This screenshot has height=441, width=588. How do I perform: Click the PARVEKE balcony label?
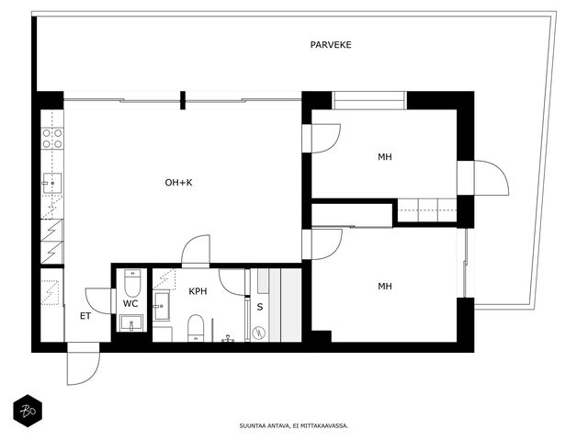click(x=331, y=45)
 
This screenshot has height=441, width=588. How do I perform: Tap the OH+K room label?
click(x=178, y=183)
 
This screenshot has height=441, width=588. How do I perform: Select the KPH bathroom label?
click(x=198, y=291)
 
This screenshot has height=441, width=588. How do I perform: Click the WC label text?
click(x=130, y=303)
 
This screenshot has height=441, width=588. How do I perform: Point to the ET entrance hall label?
click(x=85, y=316)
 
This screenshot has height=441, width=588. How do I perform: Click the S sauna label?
click(x=259, y=307)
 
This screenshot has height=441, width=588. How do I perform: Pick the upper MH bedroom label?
click(x=385, y=157)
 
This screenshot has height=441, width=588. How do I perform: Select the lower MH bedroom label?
click(x=385, y=287)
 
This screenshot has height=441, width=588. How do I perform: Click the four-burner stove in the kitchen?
click(x=52, y=139)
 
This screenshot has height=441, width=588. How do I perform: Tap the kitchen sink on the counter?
click(x=52, y=183)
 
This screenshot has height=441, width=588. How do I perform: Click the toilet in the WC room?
click(x=132, y=283)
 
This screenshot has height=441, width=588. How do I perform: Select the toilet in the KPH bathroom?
click(x=196, y=328)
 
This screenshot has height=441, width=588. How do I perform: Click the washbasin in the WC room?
click(x=131, y=322)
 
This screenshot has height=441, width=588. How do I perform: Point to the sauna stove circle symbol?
click(x=259, y=333)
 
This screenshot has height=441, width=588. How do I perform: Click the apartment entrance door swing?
click(x=84, y=365)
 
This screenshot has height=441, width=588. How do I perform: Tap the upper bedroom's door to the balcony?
click(x=492, y=177)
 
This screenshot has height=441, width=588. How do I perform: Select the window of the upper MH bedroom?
click(x=369, y=100)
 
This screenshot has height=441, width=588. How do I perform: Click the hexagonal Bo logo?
click(x=28, y=411)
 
